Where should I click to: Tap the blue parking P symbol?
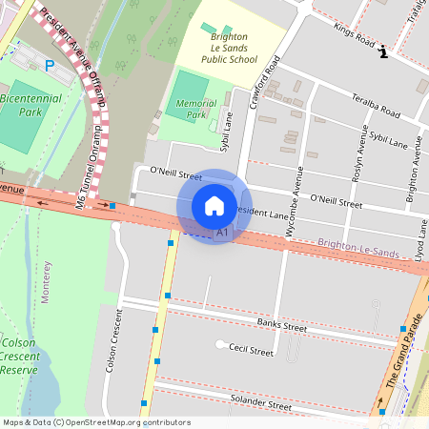pyautogui.click(x=50, y=66)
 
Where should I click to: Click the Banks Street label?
pyautogui.click(x=281, y=327)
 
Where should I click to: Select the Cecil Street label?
pyautogui.click(x=251, y=352)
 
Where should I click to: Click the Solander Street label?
pyautogui.click(x=266, y=405)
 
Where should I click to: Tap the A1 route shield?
pyautogui.click(x=223, y=232)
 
